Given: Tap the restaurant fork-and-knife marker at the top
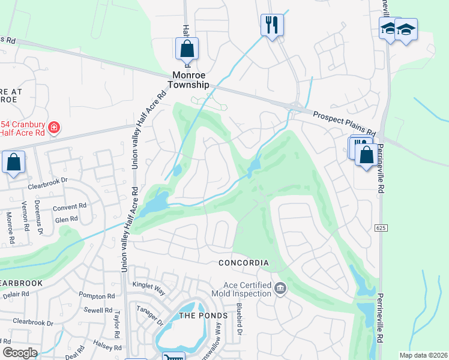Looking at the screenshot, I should pyautogui.click(x=272, y=25).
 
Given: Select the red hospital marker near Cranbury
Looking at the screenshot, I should pyautogui.click(x=53, y=127).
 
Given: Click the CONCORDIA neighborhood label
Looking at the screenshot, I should pyautogui.click(x=243, y=263).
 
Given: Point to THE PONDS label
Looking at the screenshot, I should pyautogui.click(x=204, y=316).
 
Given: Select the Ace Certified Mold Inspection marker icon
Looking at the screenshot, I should pyautogui.click(x=280, y=289).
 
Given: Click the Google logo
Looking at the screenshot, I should pyautogui.click(x=19, y=353).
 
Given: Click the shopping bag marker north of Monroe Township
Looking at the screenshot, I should pyautogui.click(x=187, y=49).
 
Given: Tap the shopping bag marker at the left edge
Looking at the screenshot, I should pyautogui.click(x=13, y=162).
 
